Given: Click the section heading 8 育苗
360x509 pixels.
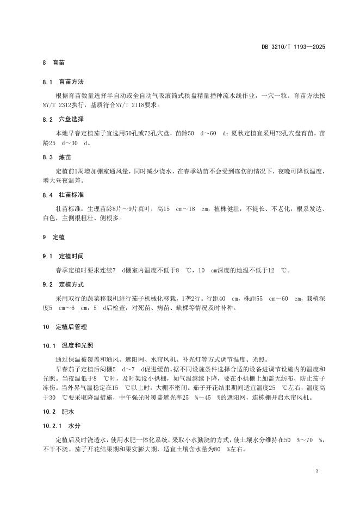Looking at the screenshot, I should point(54,64).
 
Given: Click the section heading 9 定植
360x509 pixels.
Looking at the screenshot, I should point(54,238).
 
